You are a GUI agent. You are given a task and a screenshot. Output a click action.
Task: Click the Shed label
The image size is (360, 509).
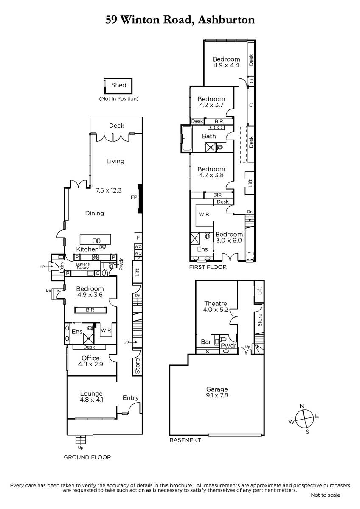(x=119, y=85)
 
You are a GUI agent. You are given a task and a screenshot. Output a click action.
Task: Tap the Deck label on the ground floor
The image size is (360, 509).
(x=116, y=126)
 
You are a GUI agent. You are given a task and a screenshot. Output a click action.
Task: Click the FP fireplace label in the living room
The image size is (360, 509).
(x=134, y=197)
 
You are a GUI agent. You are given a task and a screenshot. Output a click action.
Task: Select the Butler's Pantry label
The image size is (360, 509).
(x=83, y=266)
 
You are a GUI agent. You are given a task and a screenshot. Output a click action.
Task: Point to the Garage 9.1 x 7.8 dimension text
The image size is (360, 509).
(x=217, y=396)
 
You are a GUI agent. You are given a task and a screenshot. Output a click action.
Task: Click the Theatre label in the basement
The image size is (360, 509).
(x=216, y=304)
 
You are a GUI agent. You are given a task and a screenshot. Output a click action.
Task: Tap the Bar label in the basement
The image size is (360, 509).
(x=206, y=342)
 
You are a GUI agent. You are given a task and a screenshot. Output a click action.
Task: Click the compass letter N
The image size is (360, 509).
(x=302, y=406)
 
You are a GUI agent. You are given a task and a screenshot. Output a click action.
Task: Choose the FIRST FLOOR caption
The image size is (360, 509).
(x=208, y=267)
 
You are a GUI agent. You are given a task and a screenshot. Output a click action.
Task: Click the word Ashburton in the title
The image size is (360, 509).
(x=226, y=20)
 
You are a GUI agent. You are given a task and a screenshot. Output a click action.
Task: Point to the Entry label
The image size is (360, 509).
(x=130, y=398)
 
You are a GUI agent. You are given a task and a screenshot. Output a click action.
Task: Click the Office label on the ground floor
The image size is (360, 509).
(x=90, y=358)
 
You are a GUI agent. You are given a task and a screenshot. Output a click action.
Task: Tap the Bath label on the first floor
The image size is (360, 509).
(x=209, y=136)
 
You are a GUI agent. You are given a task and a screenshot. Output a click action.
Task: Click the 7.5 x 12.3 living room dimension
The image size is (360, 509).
(x=109, y=190)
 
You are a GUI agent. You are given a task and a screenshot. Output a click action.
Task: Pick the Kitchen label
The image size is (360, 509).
(x=87, y=249)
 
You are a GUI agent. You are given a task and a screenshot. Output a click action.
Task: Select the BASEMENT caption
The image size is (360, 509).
(x=186, y=440)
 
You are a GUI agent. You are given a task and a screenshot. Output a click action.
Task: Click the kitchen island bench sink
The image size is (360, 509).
(x=96, y=241)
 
